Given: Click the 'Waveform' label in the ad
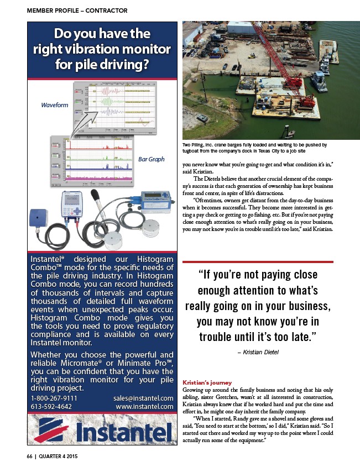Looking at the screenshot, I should [54, 104].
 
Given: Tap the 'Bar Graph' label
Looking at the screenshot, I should [151, 159].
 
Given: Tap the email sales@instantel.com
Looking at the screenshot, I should [143, 398].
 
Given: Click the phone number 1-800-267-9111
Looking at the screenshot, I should [54, 398].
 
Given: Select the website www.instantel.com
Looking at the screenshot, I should [145, 407].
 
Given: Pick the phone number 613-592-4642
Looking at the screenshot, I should [51, 407].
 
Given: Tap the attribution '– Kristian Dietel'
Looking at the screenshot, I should [258, 352].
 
